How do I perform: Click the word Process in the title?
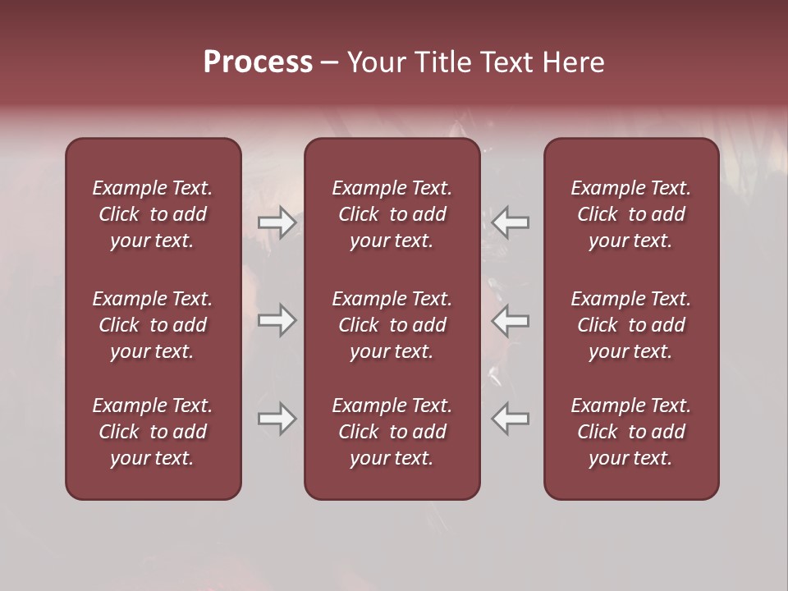[x=258, y=62]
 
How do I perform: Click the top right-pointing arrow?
[x=277, y=222]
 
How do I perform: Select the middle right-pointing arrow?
[x=277, y=320]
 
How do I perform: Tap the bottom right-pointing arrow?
[x=277, y=419]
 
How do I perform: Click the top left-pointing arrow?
[x=510, y=222]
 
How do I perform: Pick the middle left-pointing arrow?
[x=510, y=320]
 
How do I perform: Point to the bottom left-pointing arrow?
[x=510, y=419]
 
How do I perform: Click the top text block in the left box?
[x=153, y=214]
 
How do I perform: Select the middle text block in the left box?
[x=153, y=325]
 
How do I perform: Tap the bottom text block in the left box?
[x=153, y=432]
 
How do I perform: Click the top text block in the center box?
[x=392, y=214]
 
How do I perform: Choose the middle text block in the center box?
[x=392, y=325]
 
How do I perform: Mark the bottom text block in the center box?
[x=392, y=432]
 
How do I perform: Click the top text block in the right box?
[x=631, y=214]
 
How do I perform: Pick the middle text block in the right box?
[x=631, y=325]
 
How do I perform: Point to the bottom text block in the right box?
[x=631, y=432]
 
